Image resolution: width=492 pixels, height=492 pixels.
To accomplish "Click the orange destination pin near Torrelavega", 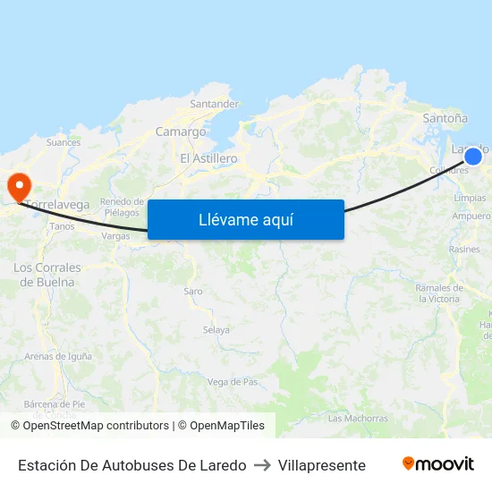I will click(x=18, y=185).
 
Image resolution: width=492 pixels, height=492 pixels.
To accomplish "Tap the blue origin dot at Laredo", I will click(x=473, y=157).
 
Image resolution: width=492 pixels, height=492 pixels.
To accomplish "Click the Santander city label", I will click(x=215, y=104).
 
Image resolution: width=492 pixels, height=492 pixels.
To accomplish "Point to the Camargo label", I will click(x=181, y=131).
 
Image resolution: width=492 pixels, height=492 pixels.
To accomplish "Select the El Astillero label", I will click(x=208, y=158).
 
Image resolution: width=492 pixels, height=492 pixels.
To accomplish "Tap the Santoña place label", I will click(x=445, y=117).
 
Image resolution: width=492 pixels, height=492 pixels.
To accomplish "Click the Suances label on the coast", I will click(x=63, y=142).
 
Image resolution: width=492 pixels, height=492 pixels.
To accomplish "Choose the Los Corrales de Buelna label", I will click(x=47, y=275).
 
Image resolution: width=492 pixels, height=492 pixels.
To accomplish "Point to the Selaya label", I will click(x=216, y=330).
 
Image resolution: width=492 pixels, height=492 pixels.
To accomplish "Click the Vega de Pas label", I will click(x=233, y=382).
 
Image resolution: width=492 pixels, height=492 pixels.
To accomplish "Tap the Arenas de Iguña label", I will click(x=58, y=356).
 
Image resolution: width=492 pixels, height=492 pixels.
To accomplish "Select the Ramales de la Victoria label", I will click(x=438, y=293).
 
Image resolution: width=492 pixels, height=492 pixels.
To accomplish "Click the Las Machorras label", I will click(x=358, y=418).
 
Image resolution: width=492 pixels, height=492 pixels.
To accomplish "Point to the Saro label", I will click(x=193, y=292).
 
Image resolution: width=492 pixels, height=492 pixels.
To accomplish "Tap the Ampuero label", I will click(x=471, y=216).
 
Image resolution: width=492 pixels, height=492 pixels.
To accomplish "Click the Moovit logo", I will click(x=437, y=464).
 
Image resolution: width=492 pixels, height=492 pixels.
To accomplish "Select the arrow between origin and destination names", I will click(x=262, y=465).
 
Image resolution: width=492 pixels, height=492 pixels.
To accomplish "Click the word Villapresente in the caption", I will click(x=322, y=465).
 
